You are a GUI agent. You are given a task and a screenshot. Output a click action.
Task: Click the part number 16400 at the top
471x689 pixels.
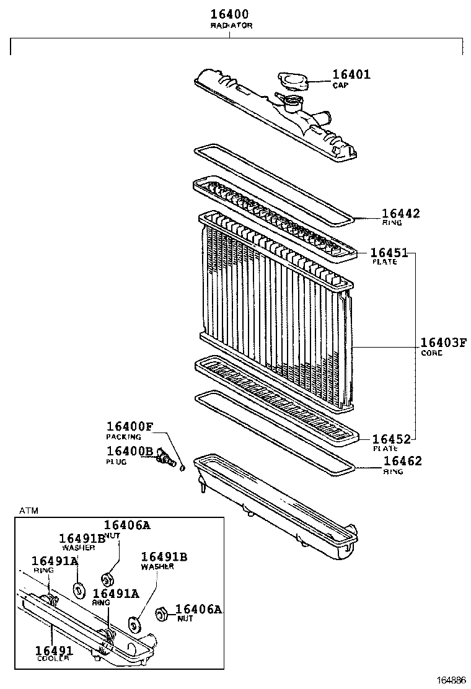230,14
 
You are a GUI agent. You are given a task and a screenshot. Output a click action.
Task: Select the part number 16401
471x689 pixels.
351,74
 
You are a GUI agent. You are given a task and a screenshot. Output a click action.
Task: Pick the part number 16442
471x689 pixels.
400,214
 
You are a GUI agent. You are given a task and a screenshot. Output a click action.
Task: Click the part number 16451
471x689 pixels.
389,252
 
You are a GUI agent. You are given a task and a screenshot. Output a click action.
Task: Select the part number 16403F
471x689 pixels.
443,343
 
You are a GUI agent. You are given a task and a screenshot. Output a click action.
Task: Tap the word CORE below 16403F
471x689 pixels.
431,353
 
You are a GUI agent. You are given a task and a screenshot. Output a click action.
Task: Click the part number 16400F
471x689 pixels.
129,426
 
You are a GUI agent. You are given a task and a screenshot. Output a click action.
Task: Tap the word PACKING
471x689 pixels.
123,437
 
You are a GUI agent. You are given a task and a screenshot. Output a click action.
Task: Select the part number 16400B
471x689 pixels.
129,452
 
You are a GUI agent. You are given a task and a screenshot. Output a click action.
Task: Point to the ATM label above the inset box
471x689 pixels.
29,511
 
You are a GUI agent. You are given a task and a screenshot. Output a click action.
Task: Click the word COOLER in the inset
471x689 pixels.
52,658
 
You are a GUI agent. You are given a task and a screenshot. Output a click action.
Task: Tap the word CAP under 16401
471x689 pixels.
340,85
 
